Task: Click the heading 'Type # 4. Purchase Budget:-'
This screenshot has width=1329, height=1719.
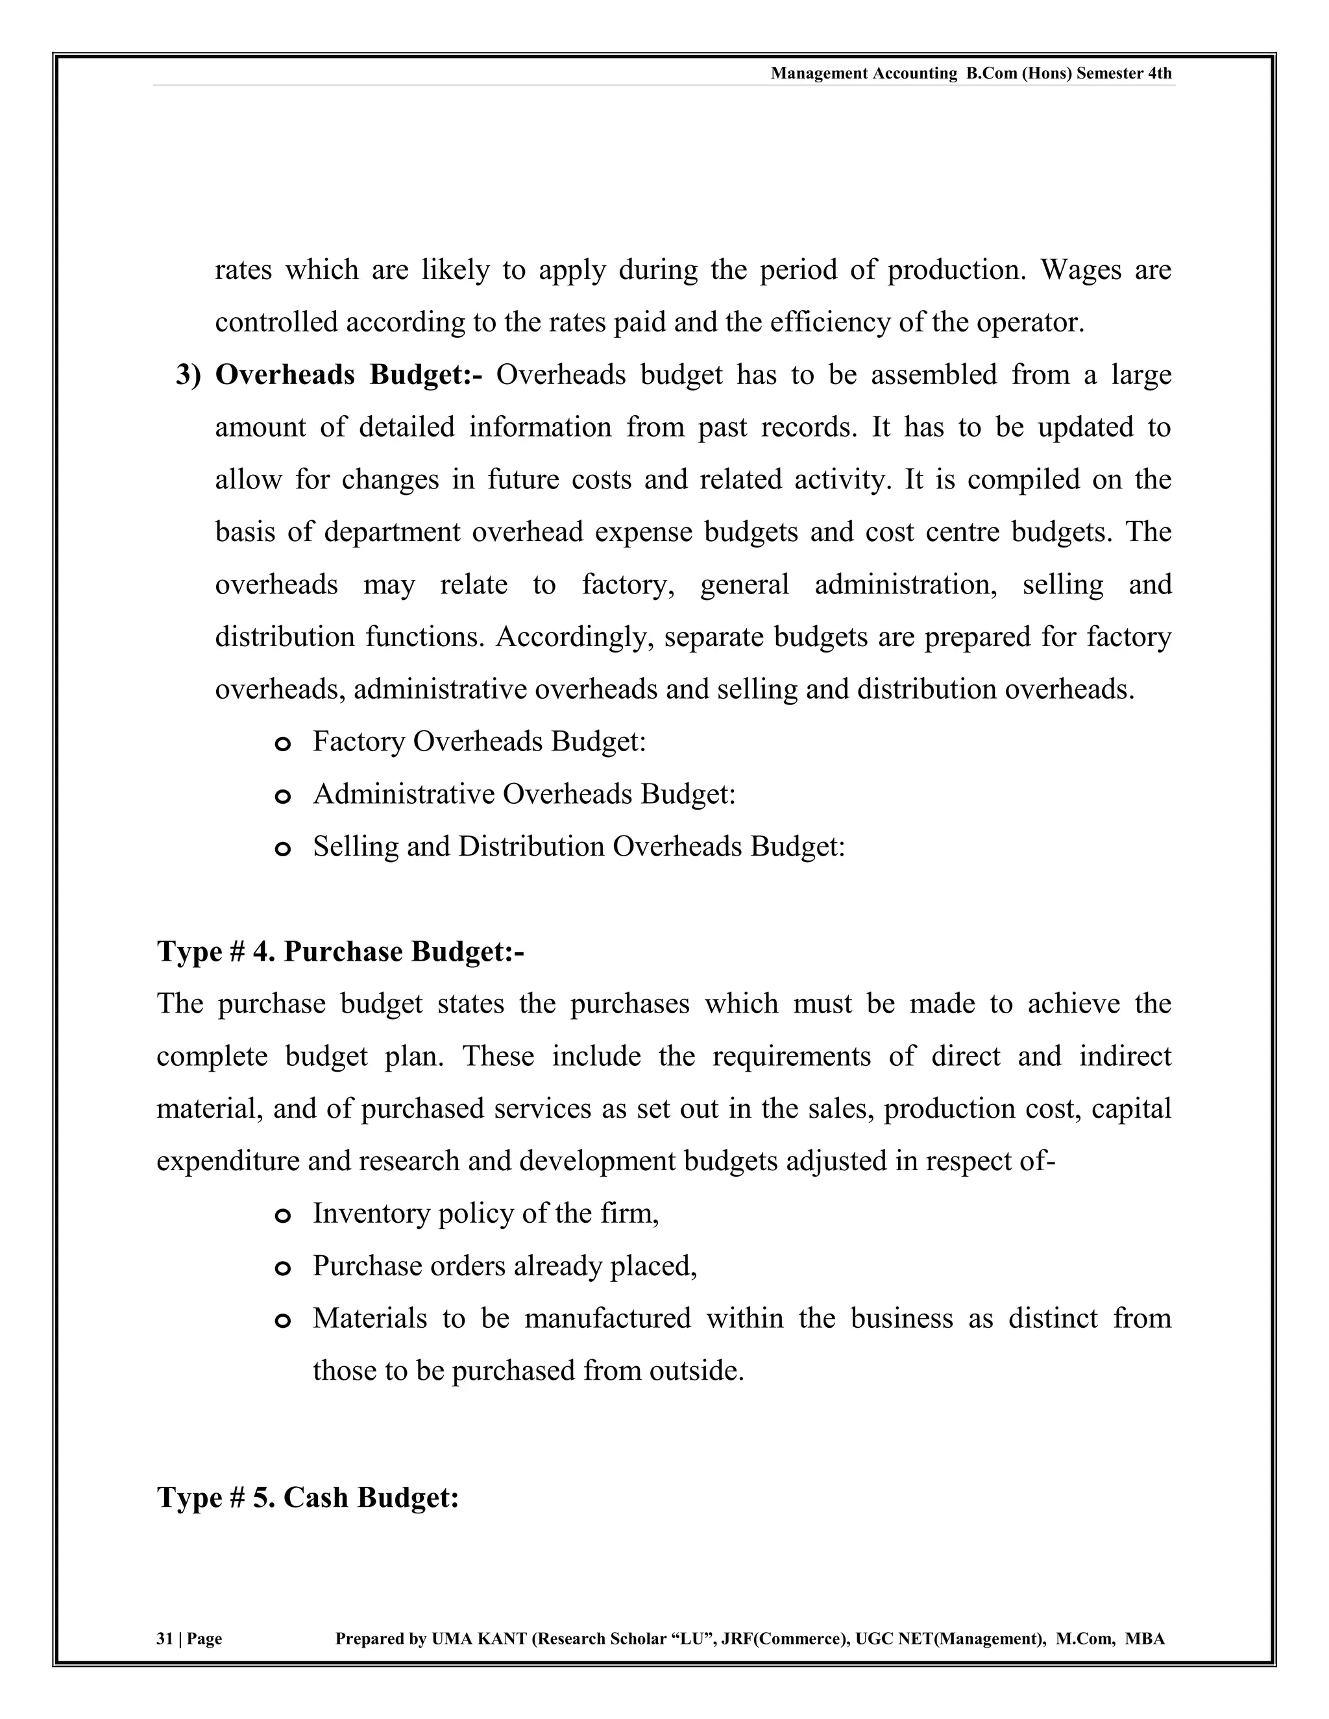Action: pyautogui.click(x=340, y=952)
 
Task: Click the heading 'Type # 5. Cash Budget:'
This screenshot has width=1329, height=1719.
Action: pyautogui.click(x=308, y=1497)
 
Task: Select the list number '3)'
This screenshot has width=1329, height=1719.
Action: pyautogui.click(x=188, y=376)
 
